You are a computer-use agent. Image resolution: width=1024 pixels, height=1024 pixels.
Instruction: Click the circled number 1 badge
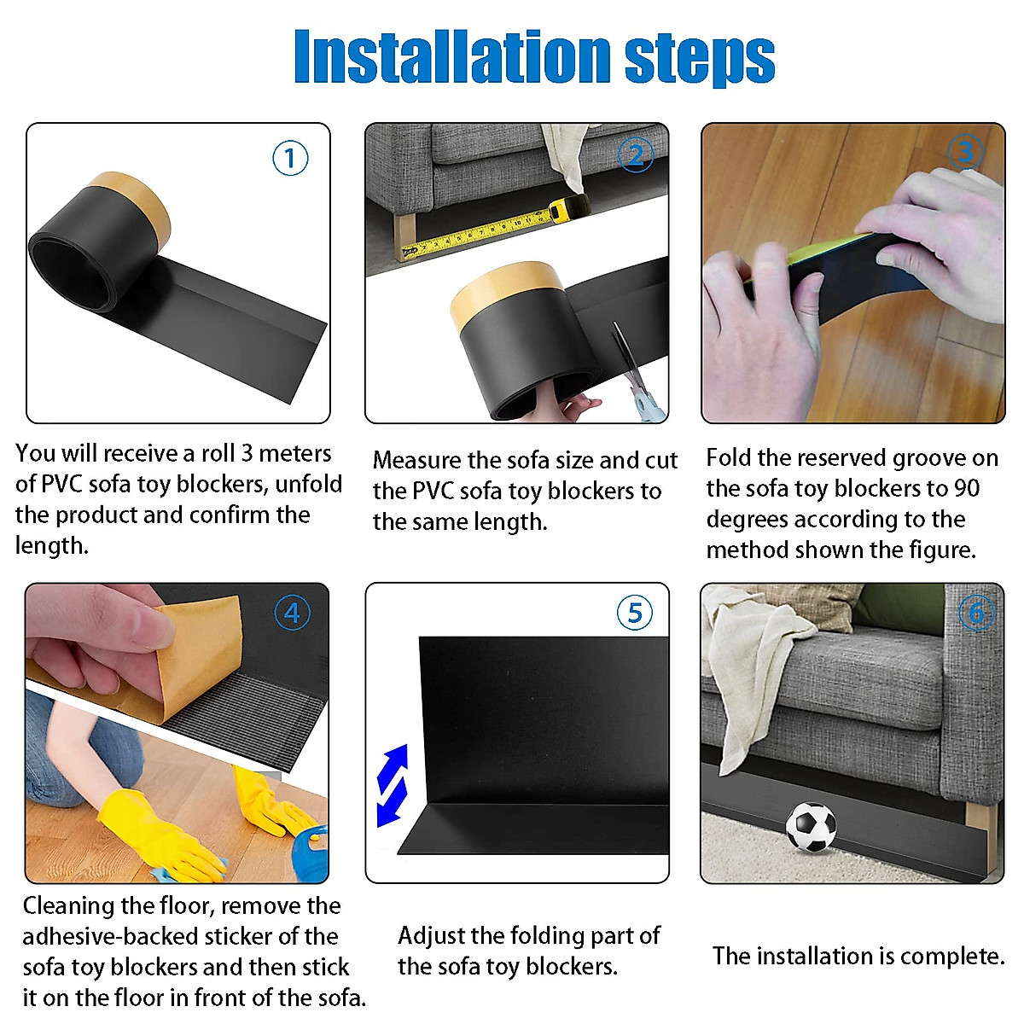290,158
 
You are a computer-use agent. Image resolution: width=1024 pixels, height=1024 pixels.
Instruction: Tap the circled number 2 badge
636,154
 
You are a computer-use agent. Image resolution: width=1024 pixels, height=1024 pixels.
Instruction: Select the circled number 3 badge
965,152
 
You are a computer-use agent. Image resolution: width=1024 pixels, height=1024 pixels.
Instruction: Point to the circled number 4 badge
293,613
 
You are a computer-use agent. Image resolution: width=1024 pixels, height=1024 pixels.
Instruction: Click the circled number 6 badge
977,613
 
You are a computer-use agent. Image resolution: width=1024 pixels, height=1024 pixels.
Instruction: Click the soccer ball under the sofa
811,827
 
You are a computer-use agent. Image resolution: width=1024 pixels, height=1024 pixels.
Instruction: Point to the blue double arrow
393,785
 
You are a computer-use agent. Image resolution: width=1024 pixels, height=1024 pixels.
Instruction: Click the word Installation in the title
452,56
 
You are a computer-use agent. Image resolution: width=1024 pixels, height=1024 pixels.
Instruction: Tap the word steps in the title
700,60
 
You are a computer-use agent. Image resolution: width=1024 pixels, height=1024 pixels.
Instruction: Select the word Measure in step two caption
416,460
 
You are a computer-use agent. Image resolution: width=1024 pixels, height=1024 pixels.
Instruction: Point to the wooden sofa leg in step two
404,237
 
